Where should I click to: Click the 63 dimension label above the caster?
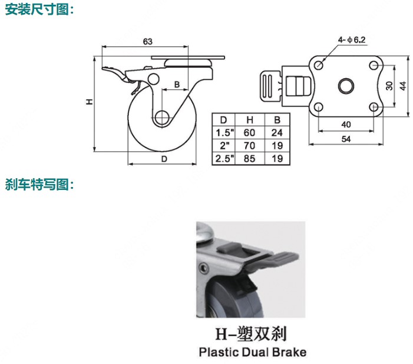148,42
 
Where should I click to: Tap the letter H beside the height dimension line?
90,102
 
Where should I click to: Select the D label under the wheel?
164,159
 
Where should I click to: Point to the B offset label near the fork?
177,84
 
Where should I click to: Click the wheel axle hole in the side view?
161,118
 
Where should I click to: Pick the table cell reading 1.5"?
224,133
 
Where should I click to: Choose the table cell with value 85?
249,158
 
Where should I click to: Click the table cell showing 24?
277,133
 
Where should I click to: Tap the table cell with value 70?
249,146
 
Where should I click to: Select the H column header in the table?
250,120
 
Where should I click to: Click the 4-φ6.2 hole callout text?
352,40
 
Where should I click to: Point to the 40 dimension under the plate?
346,124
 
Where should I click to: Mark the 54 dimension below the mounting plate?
346,139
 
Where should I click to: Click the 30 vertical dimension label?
389,86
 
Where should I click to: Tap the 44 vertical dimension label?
403,86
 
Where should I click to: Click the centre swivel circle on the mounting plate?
346,86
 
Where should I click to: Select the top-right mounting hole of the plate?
374,65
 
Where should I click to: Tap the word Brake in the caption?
289,352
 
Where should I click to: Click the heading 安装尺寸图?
37,10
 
